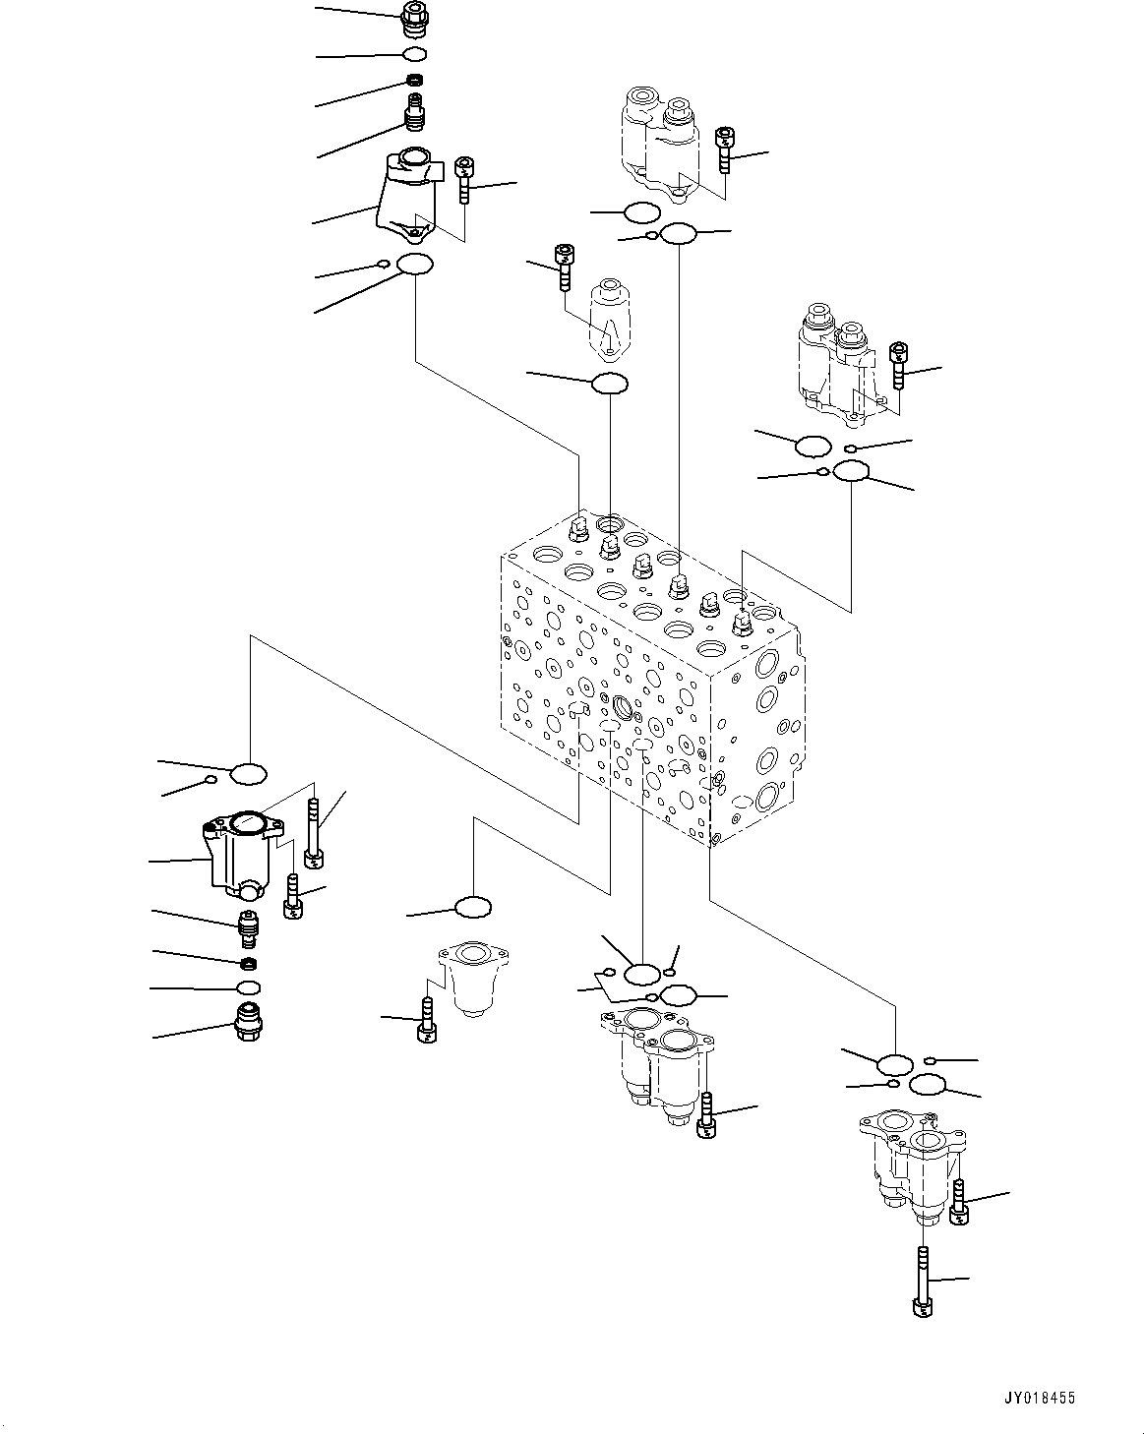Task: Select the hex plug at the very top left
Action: point(416,16)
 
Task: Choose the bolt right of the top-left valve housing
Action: point(464,179)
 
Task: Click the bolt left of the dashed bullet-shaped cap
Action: point(564,267)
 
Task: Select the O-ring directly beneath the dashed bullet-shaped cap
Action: point(609,384)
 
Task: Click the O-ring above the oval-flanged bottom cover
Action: point(473,906)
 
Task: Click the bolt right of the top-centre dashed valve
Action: point(725,149)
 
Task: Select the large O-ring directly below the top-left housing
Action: point(414,265)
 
